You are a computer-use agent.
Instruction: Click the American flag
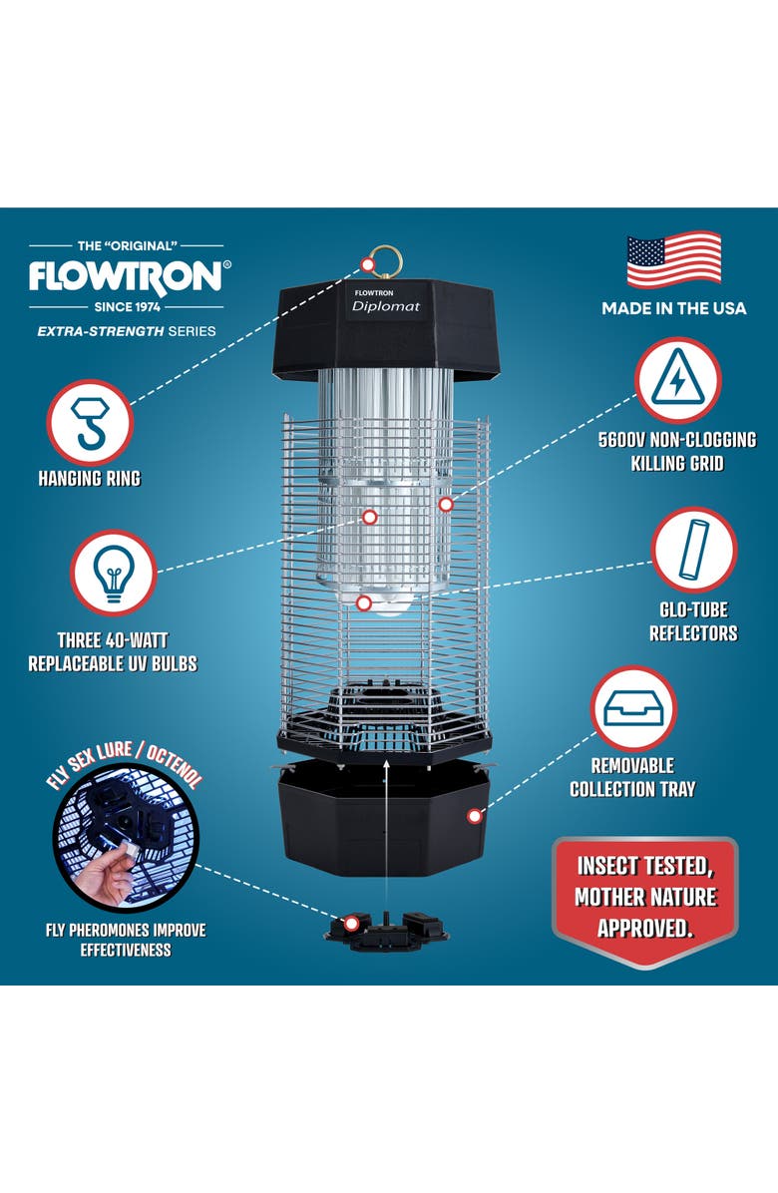[x=673, y=260]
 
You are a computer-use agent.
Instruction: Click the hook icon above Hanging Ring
[x=90, y=422]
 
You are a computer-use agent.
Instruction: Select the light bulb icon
[x=113, y=573]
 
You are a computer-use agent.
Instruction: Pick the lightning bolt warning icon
[x=677, y=379]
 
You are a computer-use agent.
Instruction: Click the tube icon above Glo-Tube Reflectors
[x=693, y=549]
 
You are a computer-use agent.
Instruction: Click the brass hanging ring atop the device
[x=383, y=262]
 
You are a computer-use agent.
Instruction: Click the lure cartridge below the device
[x=386, y=930]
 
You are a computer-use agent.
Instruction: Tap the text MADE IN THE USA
[x=673, y=308]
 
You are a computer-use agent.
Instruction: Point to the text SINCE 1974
[x=124, y=305]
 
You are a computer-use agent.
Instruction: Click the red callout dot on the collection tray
[x=475, y=816]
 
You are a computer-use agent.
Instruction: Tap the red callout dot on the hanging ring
[x=368, y=263]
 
